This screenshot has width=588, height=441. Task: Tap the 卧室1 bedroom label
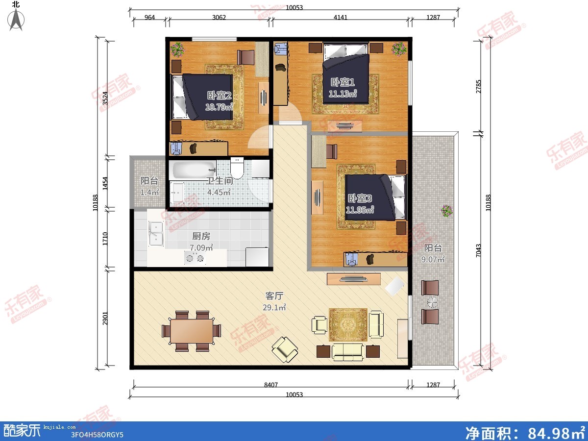343,82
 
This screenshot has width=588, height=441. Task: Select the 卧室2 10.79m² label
219,101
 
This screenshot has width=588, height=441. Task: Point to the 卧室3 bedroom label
360,198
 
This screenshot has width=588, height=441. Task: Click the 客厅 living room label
274,295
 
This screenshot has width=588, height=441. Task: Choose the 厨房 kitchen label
201,236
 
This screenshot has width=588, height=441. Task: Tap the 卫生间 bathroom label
220,181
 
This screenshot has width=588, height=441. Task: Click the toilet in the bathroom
237,168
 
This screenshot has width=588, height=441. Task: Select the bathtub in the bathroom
194,170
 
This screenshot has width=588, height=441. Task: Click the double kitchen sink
156,234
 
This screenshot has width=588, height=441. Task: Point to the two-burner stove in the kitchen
195,258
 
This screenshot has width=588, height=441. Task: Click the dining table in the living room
191,331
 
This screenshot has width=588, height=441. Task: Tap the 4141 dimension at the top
340,18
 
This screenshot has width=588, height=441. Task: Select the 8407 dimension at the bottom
271,385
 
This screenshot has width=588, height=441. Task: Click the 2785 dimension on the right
478,87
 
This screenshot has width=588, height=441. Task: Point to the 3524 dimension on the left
105,98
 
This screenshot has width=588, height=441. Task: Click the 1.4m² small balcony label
149,192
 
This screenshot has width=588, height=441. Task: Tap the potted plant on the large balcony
447,211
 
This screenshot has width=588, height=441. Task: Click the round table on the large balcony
432,302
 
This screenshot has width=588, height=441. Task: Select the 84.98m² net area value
556,433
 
